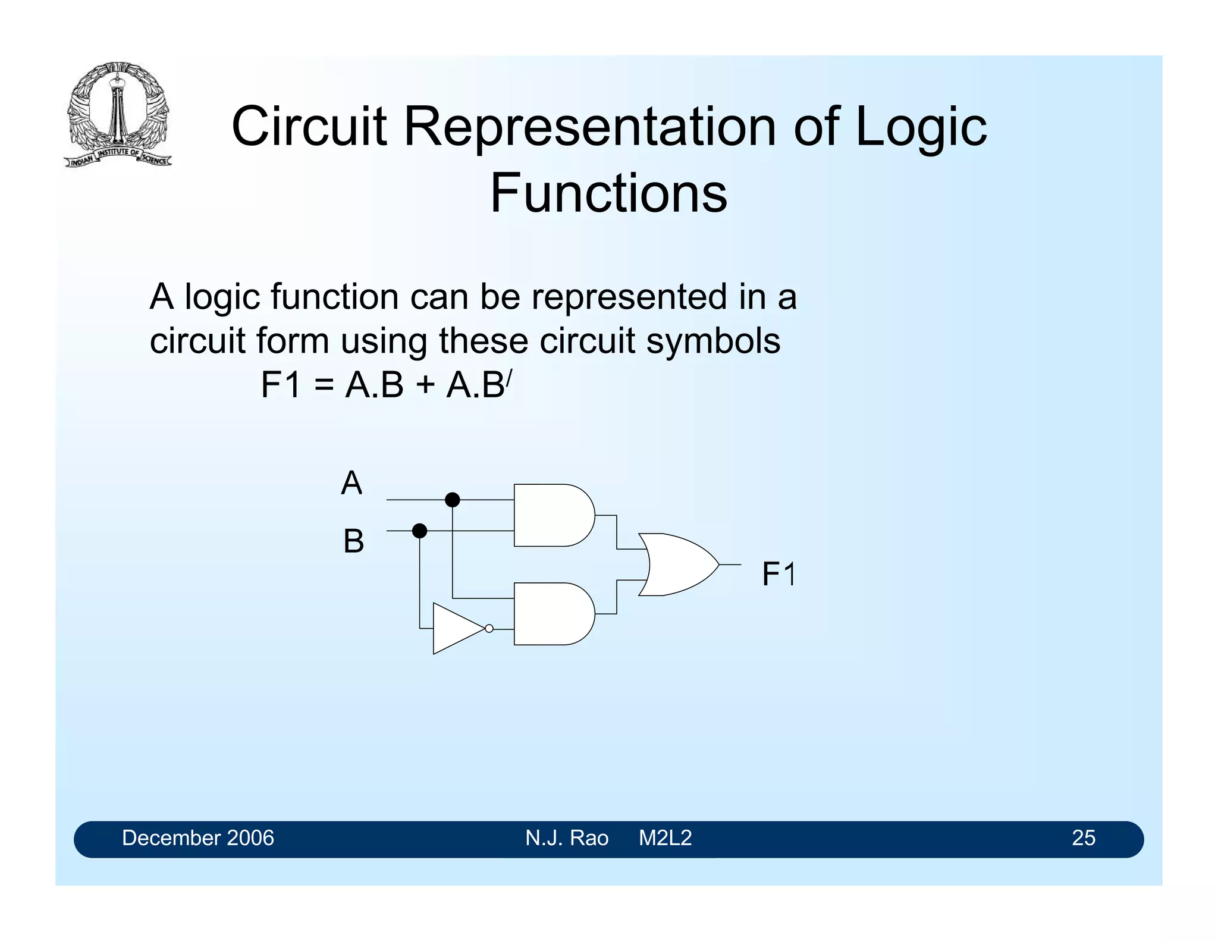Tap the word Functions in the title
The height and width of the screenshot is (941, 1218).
tap(608, 193)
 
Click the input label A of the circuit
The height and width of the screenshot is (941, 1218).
tap(351, 483)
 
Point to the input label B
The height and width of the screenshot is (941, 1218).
tap(353, 542)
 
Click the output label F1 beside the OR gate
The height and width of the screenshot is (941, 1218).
tap(778, 575)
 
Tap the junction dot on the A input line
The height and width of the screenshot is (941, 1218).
tap(453, 500)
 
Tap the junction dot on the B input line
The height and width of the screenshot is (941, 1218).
tap(419, 531)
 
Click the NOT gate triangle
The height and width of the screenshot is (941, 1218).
tap(455, 629)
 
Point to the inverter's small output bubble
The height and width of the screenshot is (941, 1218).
tap(489, 629)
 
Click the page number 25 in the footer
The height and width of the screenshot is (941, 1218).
tap(1083, 838)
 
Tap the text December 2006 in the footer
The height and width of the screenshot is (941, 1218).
tap(197, 838)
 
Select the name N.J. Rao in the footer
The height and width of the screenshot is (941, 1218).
tap(566, 838)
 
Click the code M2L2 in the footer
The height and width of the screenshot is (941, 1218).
tap(665, 838)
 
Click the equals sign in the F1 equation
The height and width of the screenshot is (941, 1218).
tap(324, 385)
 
